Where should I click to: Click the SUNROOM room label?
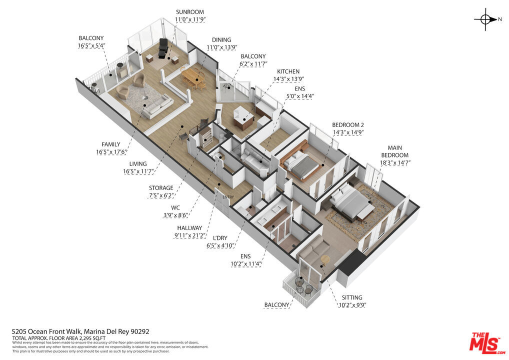click(x=190, y=12)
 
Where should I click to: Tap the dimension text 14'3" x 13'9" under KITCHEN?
click(x=288, y=79)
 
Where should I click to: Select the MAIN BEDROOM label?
click(x=394, y=151)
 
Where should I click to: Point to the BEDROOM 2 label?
click(x=348, y=125)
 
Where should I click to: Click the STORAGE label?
click(x=161, y=188)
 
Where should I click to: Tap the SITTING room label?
click(x=352, y=297)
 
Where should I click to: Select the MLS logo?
click(x=487, y=342)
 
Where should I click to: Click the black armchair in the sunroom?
click(x=162, y=49)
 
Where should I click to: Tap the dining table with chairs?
click(x=193, y=78)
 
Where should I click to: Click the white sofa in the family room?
click(x=158, y=107)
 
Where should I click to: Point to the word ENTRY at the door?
click(x=228, y=197)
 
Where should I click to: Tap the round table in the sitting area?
click(x=325, y=258)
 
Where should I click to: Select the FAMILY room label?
click(x=111, y=144)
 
